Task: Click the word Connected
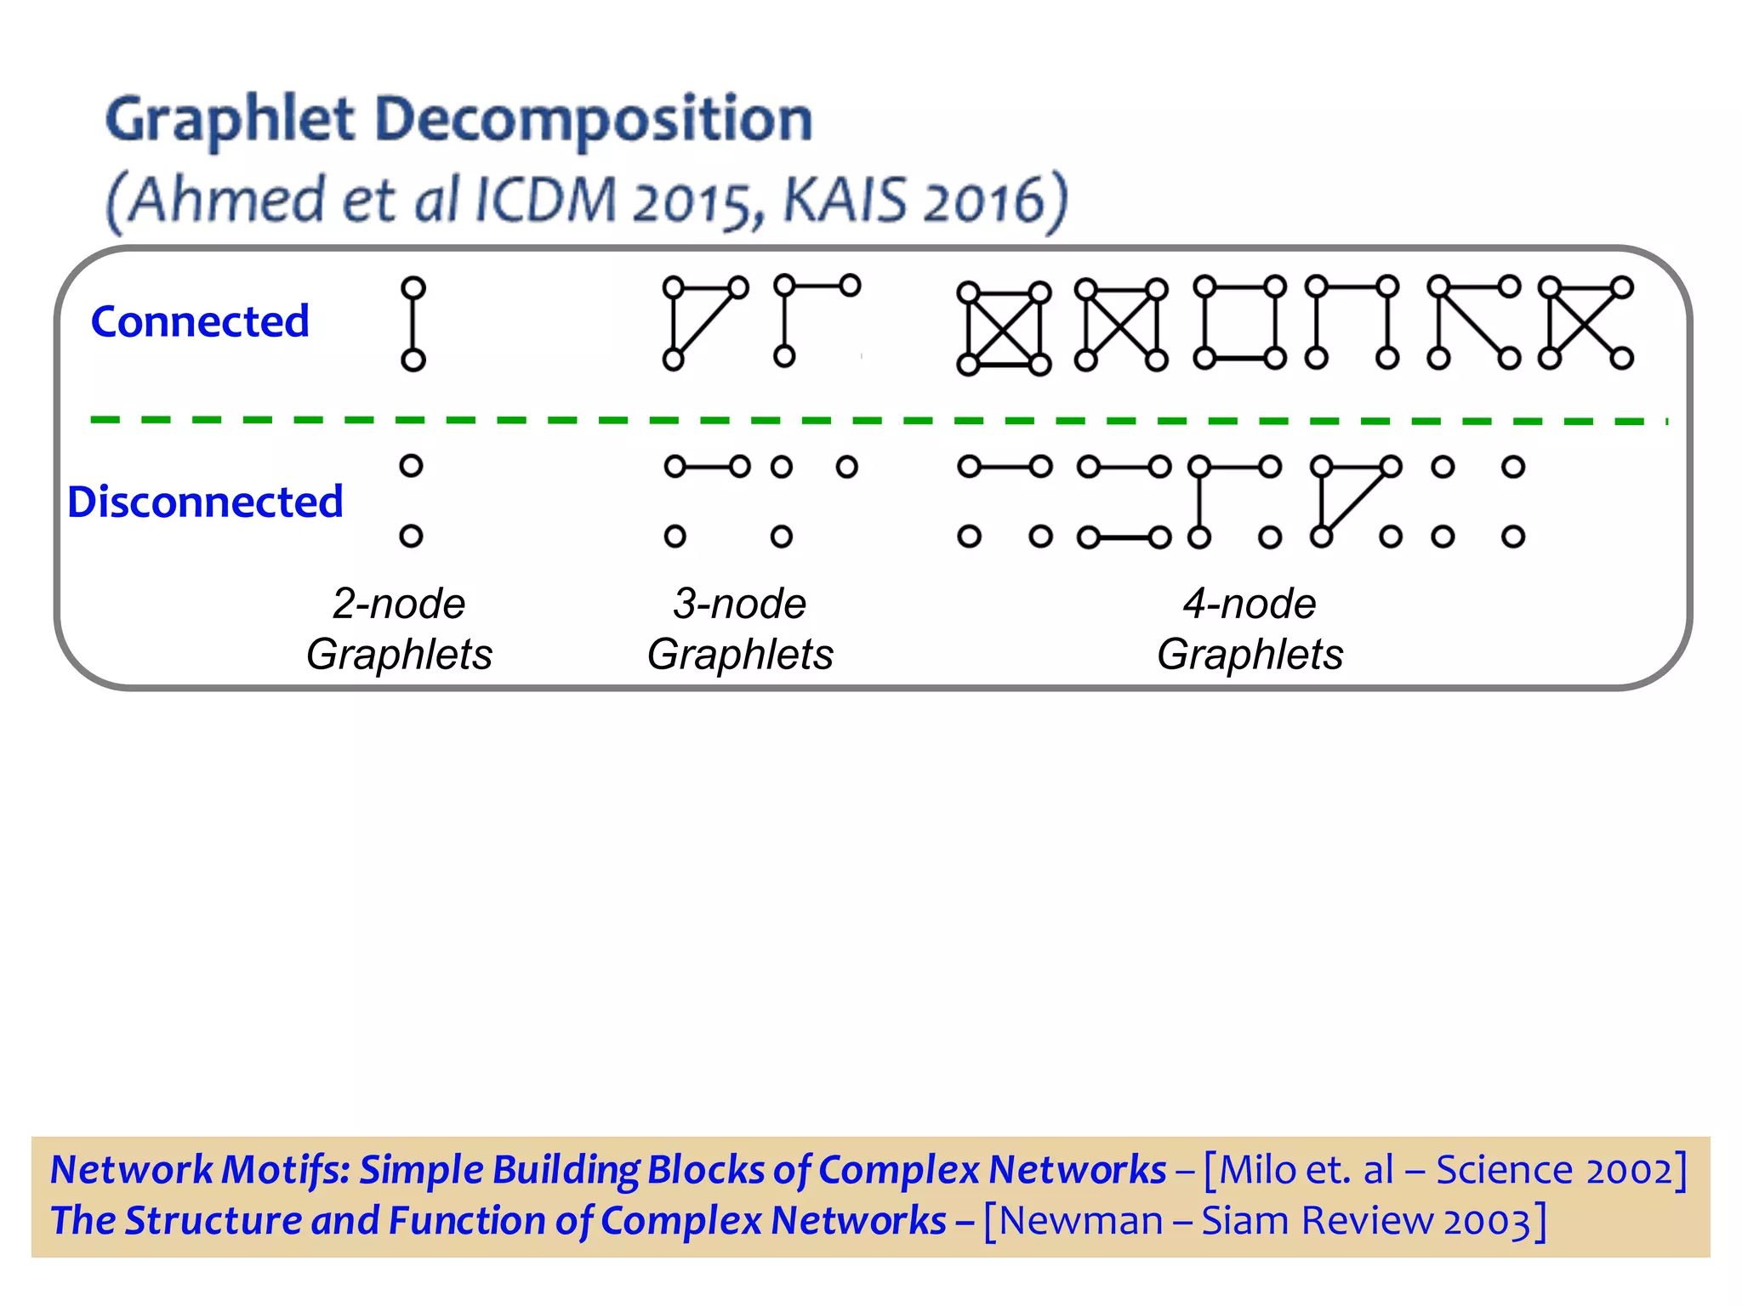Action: click(x=200, y=321)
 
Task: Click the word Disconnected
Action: click(x=205, y=502)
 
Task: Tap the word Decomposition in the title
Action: click(x=593, y=119)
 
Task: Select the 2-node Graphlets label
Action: click(x=399, y=629)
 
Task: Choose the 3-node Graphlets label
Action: click(x=740, y=629)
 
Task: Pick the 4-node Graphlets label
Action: click(x=1250, y=629)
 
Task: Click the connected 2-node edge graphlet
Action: click(x=413, y=324)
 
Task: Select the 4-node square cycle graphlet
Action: click(x=1239, y=322)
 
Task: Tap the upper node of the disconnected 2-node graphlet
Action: click(x=412, y=466)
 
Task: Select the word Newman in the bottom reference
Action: click(x=1081, y=1221)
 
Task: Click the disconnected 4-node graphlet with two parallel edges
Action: click(x=1124, y=502)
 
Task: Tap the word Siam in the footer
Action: click(x=1245, y=1221)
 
